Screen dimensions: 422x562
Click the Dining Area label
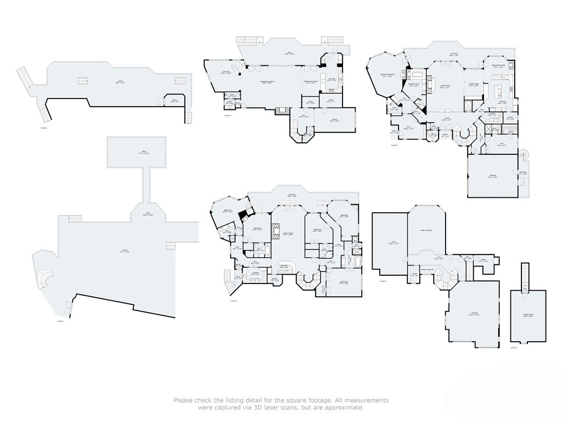coord(474,85)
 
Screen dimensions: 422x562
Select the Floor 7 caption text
coord(514,347)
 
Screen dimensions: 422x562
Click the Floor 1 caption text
coord(60,320)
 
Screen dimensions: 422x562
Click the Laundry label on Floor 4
coord(256,273)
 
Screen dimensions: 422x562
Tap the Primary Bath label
coord(414,85)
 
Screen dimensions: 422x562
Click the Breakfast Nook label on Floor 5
coord(498,66)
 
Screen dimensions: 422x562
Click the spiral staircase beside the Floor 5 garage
coord(526,156)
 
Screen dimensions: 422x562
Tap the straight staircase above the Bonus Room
coord(525,274)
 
